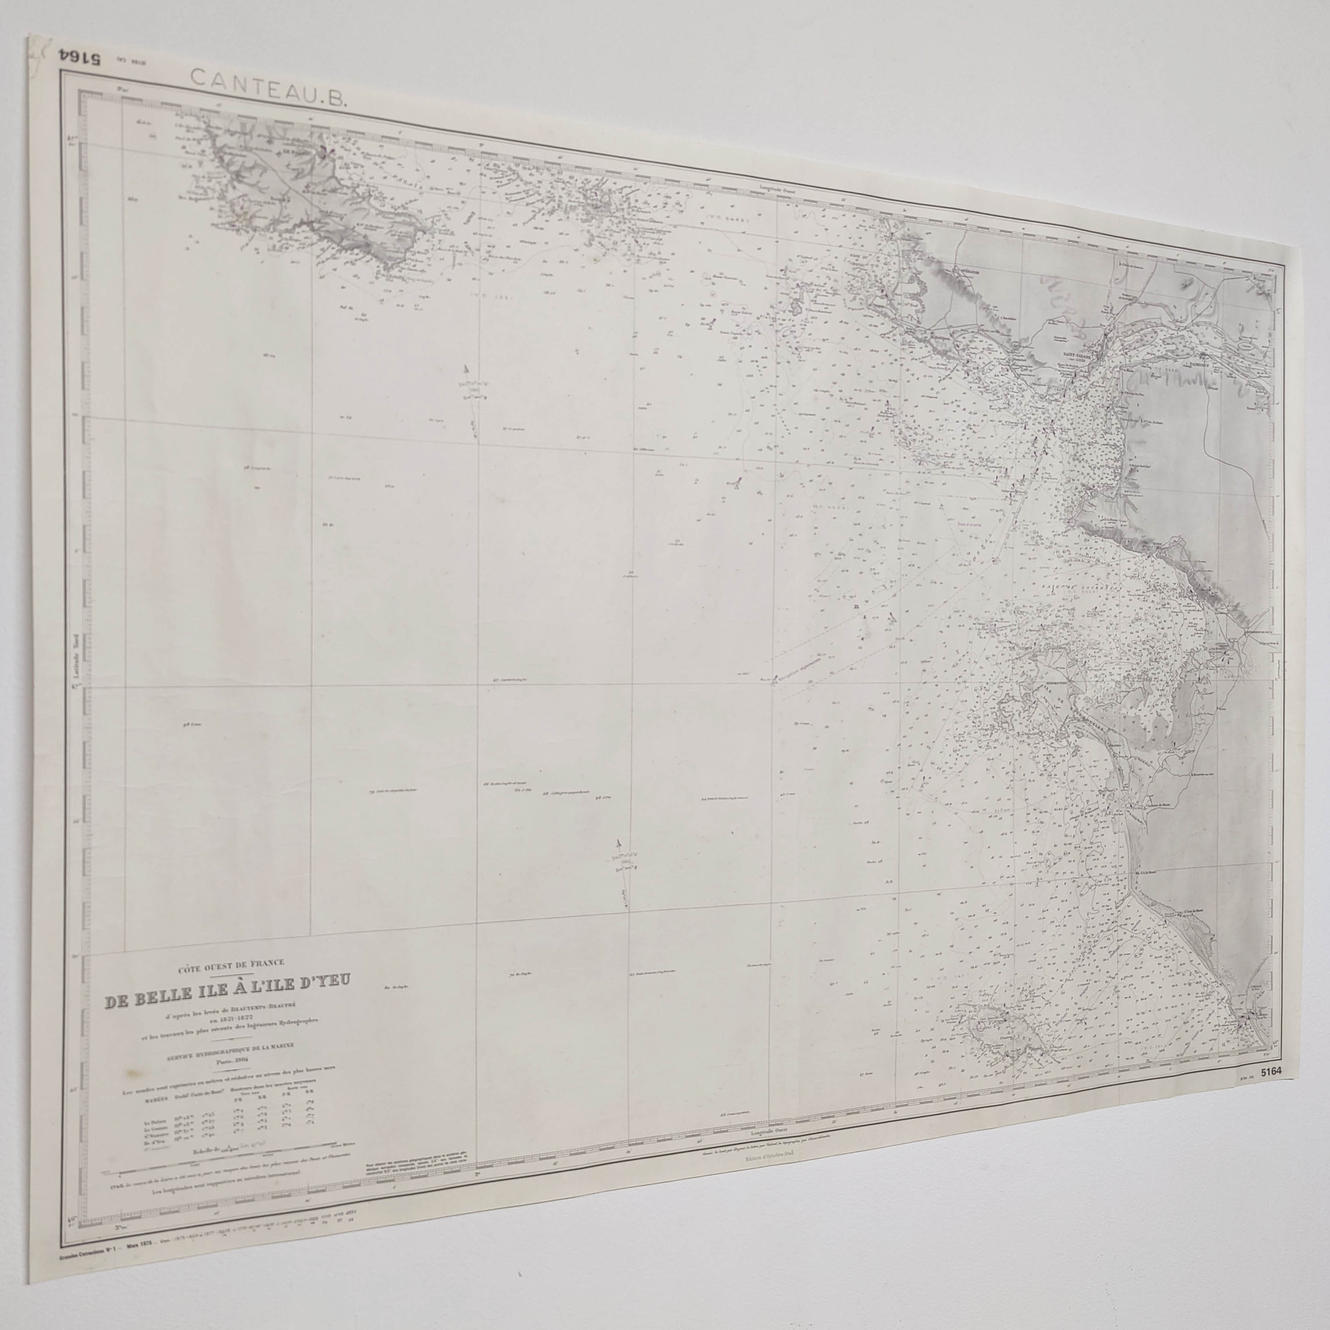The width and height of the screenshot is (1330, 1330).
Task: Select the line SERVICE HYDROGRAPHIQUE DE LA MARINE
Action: click(x=227, y=1045)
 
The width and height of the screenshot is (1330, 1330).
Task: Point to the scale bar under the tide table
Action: click(x=227, y=1166)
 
